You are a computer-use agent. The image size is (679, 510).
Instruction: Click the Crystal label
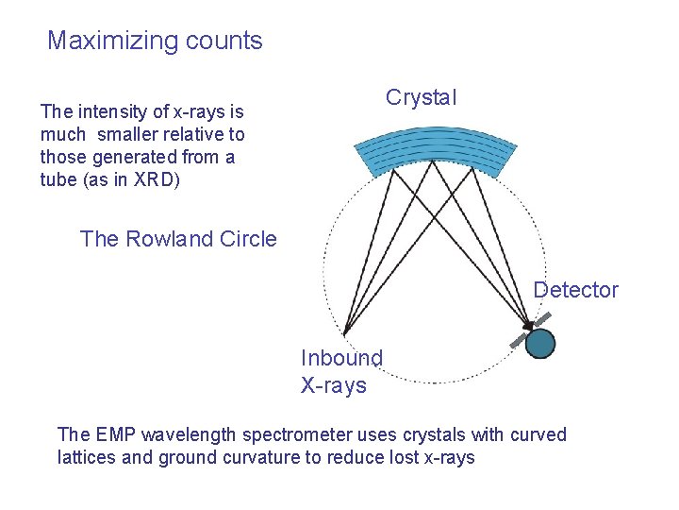coord(421,97)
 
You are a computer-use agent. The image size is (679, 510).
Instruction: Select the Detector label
coord(575,290)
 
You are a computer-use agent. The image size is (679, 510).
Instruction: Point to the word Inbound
coord(341,358)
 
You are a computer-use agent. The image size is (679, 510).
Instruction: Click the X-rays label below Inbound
coord(333,384)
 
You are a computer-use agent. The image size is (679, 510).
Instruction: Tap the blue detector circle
coord(540,343)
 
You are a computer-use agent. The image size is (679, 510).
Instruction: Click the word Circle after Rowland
coord(246,239)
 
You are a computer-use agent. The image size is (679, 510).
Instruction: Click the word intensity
coord(109,112)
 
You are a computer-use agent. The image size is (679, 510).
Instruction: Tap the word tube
coord(58,179)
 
